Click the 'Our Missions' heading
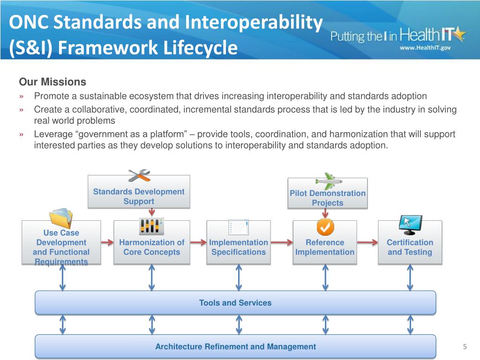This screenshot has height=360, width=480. point(52,82)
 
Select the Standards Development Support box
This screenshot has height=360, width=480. point(139,196)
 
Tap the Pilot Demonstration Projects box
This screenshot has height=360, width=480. point(327,198)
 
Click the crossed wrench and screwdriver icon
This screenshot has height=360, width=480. point(139,175)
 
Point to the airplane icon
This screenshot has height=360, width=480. point(328,180)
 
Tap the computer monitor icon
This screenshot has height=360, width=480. point(410,225)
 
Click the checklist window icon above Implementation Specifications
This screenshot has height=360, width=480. point(238,227)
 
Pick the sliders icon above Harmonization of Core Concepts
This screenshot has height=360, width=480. point(151,226)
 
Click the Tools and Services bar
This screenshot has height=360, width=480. point(235,303)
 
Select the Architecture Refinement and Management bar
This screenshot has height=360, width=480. point(235,347)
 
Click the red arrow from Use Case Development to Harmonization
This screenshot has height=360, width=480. point(107,242)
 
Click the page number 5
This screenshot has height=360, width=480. point(465,347)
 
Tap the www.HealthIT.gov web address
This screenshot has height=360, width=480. point(425,47)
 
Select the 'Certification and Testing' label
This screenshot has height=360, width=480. point(410,247)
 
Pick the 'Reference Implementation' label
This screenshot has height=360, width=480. point(324,247)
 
